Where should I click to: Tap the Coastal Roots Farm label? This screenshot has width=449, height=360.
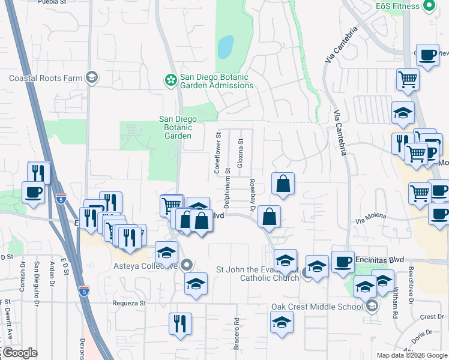point(46,78)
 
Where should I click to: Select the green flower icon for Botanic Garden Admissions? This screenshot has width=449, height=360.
point(171,79)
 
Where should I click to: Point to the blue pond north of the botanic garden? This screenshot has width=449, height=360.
point(225,47)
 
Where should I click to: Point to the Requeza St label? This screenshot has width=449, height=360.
point(129,303)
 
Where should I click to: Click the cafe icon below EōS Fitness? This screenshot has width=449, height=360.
point(427,56)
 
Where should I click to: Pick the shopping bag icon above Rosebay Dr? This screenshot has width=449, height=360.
point(283,184)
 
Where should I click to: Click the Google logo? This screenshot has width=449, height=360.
point(19,353)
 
